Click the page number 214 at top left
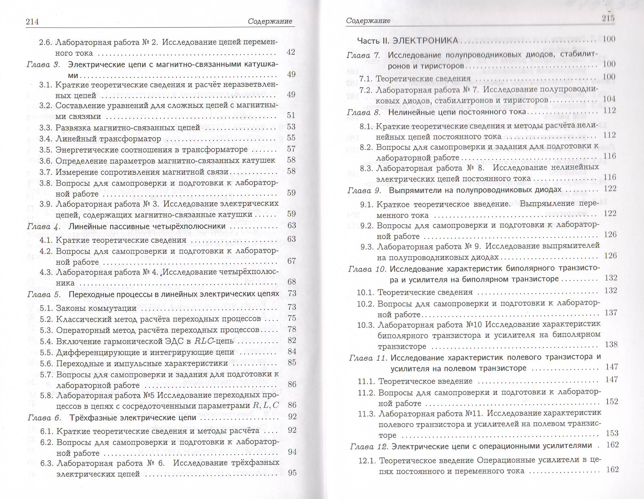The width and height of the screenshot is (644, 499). click(x=32, y=21)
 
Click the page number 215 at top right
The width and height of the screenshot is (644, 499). click(x=608, y=18)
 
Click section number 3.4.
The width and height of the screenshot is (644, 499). click(x=46, y=139)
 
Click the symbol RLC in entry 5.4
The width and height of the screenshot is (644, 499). click(x=204, y=341)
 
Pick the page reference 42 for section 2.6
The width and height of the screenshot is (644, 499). click(x=291, y=52)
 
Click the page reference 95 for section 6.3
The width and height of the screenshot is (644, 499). click(x=292, y=473)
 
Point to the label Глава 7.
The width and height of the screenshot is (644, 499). click(x=364, y=55)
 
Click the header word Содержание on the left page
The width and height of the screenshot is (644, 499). click(x=270, y=21)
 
